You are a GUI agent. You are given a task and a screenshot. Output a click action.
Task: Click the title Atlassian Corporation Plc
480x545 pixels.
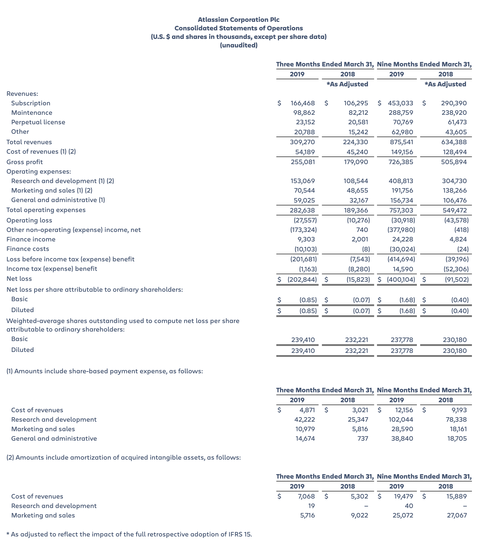[239, 19]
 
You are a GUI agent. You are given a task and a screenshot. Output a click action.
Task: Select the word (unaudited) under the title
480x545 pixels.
[239, 45]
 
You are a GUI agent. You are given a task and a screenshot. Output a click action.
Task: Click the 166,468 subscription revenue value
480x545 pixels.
[303, 103]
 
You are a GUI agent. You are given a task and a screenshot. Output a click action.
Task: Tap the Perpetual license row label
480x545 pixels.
[38, 122]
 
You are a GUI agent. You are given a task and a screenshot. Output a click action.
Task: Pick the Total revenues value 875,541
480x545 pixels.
[402, 142]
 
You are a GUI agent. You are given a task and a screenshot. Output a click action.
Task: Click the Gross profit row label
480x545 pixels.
[24, 162]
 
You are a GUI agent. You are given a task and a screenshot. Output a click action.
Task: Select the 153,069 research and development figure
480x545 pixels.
[303, 181]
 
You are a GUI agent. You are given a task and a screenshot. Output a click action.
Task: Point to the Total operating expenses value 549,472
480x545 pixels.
[455, 210]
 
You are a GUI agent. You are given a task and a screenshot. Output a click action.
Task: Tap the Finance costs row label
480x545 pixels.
[28, 249]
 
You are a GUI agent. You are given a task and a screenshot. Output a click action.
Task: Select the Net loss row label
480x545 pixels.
[19, 279]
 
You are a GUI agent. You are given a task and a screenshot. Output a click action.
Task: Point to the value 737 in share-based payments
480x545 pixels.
[362, 439]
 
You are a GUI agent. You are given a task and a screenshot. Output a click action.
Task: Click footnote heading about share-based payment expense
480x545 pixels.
[105, 371]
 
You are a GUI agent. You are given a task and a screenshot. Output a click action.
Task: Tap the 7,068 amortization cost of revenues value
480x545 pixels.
[306, 496]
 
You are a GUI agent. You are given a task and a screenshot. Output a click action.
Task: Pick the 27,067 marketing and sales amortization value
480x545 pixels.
[457, 515]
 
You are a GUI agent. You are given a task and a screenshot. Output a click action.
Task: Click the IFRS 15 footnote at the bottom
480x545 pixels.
[129, 534]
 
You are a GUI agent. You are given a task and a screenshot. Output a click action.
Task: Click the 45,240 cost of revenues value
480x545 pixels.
[356, 152]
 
